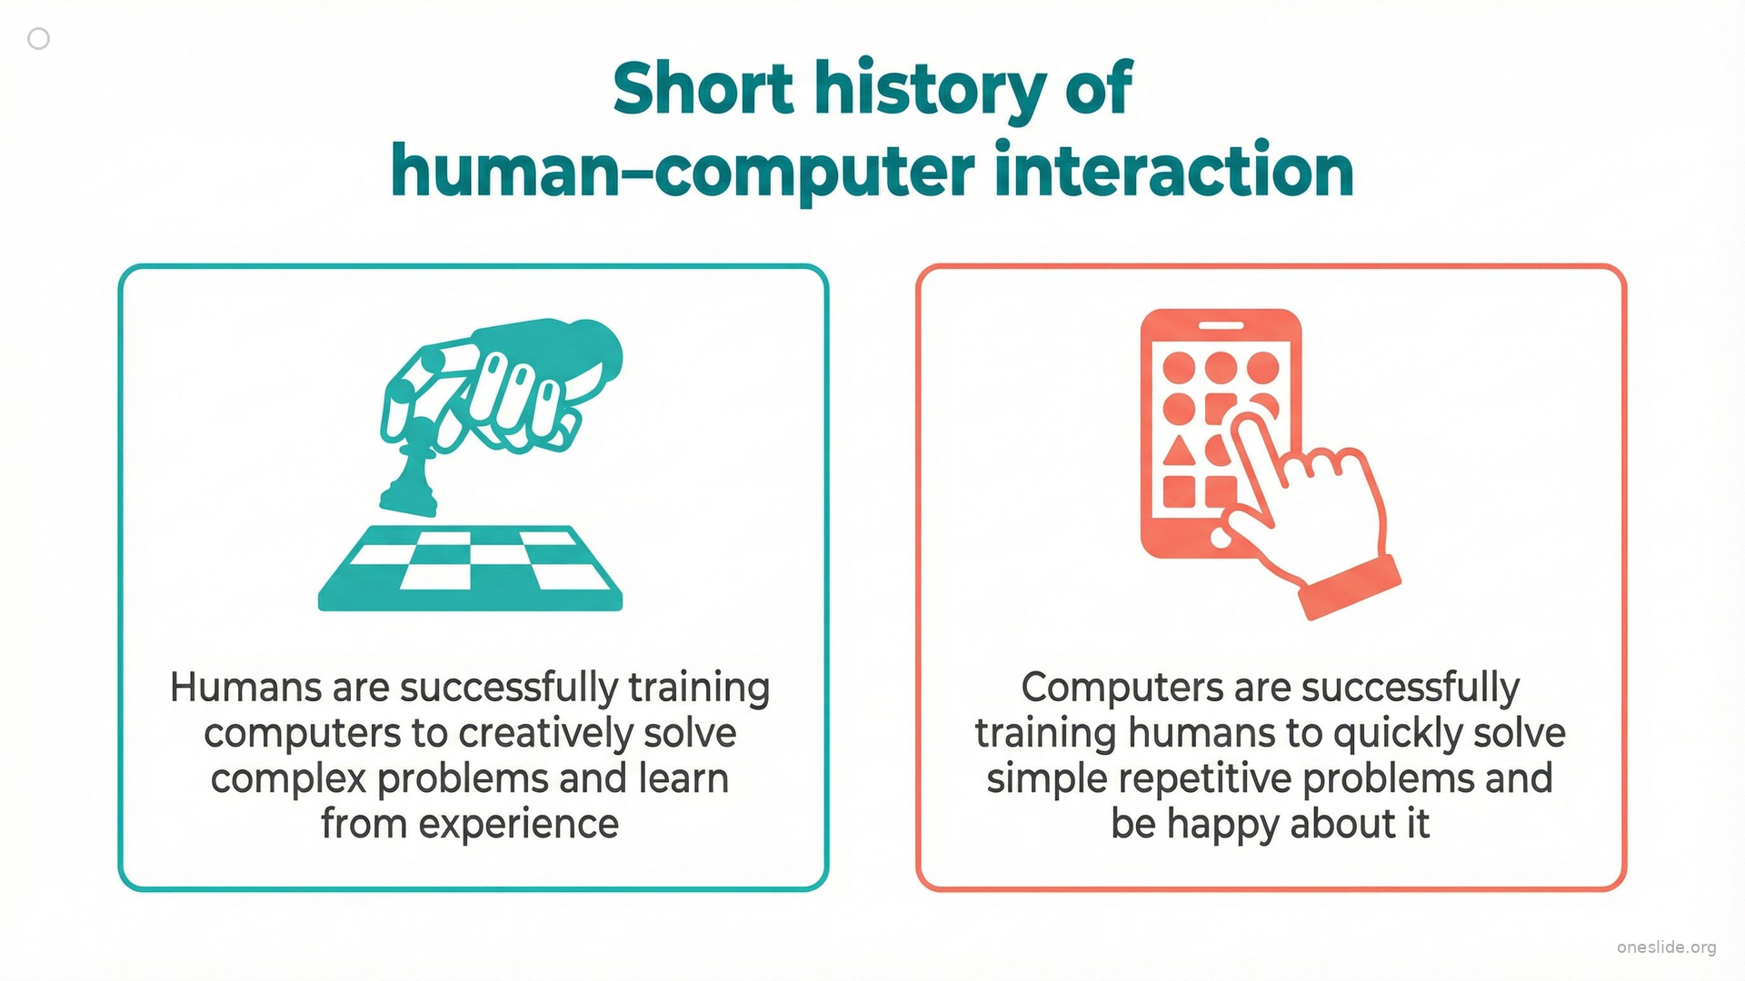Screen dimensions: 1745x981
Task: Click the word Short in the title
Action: tap(703, 89)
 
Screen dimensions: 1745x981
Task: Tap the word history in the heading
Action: tap(931, 91)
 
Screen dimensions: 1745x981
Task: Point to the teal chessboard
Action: tap(470, 568)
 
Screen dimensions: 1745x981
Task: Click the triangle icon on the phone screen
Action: tap(1178, 451)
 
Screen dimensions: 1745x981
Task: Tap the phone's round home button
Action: tap(1221, 539)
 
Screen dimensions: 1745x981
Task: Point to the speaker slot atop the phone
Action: tap(1221, 326)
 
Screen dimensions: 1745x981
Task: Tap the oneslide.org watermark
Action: tap(1666, 947)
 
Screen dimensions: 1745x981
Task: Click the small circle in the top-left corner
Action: tap(38, 38)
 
